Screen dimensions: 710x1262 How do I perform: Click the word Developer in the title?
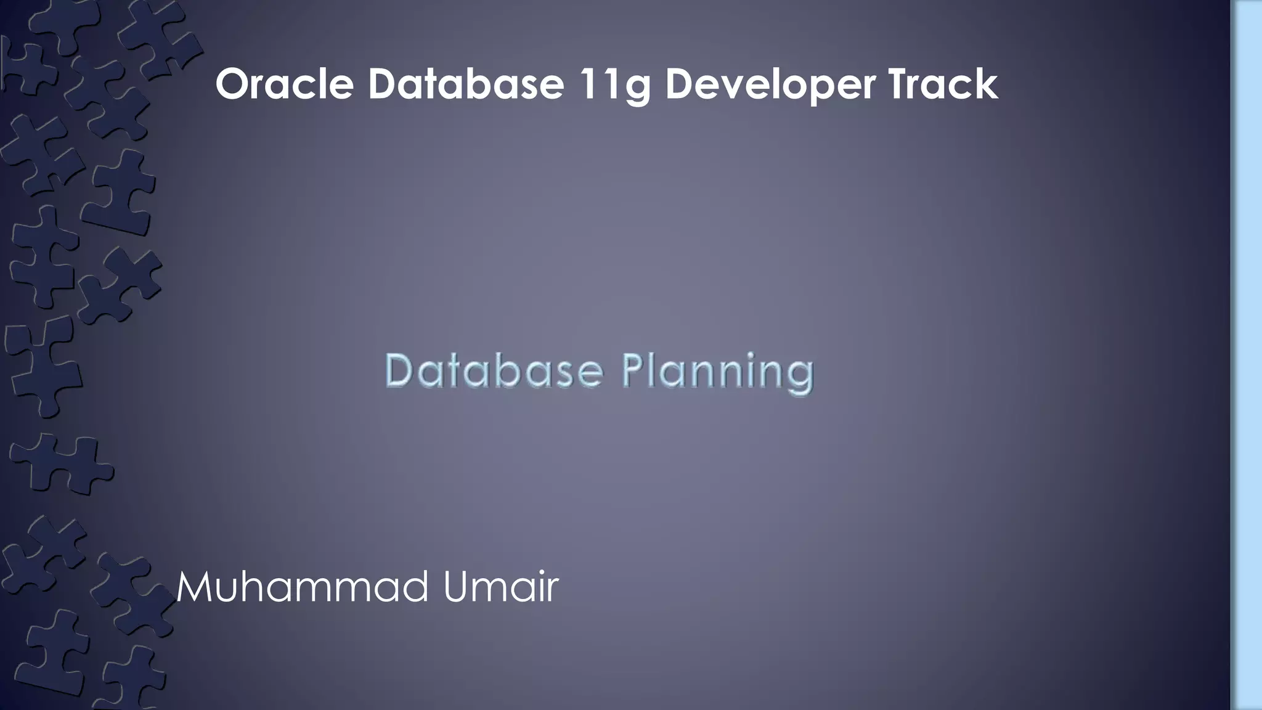point(770,86)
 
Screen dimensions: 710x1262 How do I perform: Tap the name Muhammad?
point(302,587)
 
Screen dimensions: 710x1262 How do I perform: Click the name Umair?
point(500,587)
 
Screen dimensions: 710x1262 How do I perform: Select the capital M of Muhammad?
point(195,587)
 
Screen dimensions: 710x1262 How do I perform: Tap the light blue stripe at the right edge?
point(1247,355)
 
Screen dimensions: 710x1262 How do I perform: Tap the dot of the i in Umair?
point(537,573)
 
